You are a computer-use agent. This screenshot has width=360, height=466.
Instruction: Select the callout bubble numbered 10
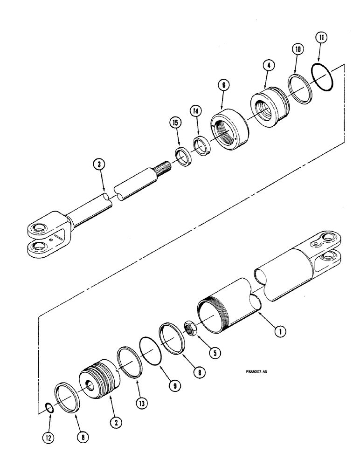click(298, 49)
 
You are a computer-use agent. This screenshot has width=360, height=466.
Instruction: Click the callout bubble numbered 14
click(196, 111)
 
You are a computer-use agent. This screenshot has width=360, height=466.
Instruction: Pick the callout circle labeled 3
click(98, 164)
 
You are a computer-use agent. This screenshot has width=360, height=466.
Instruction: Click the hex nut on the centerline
click(191, 328)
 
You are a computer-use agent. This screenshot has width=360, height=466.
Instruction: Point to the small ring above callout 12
click(49, 409)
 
